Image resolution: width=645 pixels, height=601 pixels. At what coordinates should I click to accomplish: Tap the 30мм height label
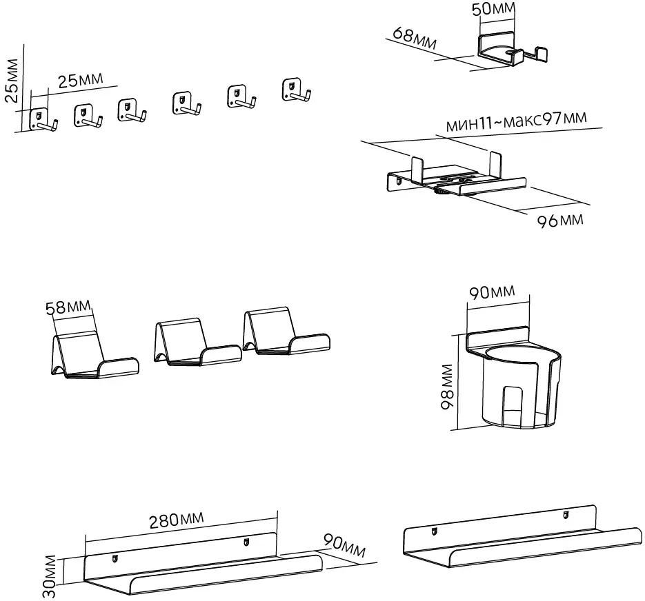tap(49, 578)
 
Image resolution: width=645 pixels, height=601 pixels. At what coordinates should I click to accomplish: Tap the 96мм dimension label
tap(559, 220)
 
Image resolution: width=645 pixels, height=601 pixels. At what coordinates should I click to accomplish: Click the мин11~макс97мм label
tap(517, 122)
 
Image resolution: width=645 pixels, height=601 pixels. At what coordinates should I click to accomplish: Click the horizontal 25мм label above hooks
tap(80, 81)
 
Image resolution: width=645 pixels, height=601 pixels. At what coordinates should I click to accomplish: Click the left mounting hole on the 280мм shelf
tap(115, 558)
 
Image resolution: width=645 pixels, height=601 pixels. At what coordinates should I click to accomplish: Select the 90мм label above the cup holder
tap(493, 292)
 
